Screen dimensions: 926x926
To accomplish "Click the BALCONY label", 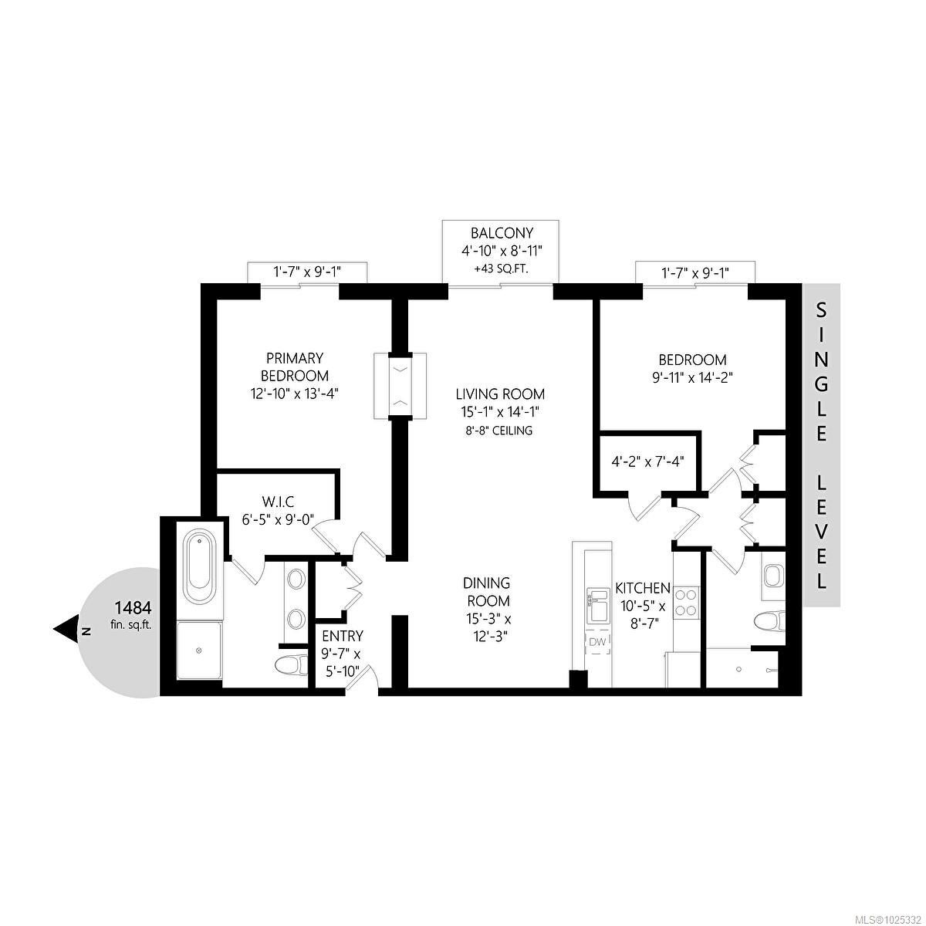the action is tap(502, 233).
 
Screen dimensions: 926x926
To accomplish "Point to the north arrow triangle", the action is tap(66, 630).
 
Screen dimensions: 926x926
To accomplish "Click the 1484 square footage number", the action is tap(133, 608).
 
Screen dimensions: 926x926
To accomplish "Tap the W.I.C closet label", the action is tap(279, 502).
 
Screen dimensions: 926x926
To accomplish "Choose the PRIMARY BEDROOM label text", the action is tap(295, 367).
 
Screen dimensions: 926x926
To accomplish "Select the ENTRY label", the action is tap(343, 636).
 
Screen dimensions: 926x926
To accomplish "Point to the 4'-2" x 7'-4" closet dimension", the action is tap(647, 461).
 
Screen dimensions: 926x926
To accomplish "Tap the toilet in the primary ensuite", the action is tap(292, 665).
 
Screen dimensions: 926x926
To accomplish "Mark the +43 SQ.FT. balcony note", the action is tap(501, 269).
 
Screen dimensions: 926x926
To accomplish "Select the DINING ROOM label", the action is tap(486, 592).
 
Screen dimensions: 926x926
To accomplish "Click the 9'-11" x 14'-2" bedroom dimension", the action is tap(692, 377).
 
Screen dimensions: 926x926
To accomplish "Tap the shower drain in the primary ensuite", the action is tap(199, 651).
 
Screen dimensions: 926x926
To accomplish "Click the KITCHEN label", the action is tap(643, 588).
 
